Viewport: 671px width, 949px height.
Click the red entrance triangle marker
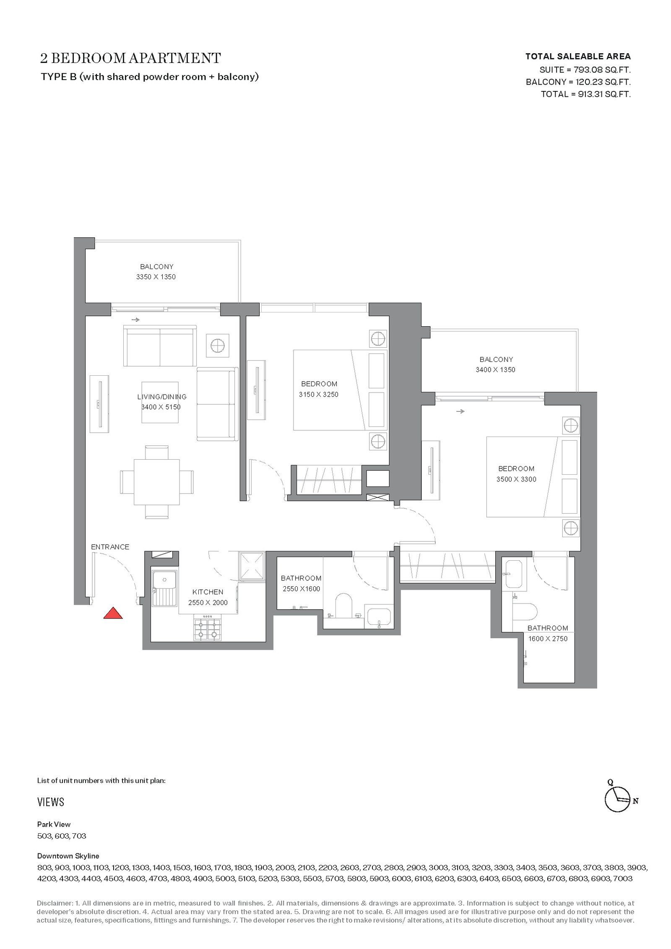[x=113, y=613]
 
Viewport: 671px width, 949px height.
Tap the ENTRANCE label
[x=110, y=547]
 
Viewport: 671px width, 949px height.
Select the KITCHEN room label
[x=208, y=592]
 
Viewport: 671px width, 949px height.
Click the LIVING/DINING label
[x=162, y=397]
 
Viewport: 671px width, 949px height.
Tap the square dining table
[x=156, y=482]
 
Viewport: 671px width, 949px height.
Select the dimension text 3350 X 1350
[x=156, y=277]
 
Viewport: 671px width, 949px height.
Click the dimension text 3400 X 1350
[x=495, y=369]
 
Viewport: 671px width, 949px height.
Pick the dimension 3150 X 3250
[x=319, y=394]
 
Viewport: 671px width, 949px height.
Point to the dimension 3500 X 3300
[x=516, y=479]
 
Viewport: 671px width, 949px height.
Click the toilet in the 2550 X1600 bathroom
[x=343, y=605]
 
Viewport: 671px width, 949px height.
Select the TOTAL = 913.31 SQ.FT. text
[x=586, y=94]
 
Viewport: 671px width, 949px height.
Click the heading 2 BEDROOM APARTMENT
[x=130, y=58]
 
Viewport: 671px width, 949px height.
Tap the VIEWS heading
[x=51, y=802]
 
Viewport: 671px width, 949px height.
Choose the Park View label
[x=54, y=824]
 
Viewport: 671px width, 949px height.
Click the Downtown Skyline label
[x=68, y=856]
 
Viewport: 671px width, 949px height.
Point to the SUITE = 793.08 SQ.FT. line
[x=585, y=70]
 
